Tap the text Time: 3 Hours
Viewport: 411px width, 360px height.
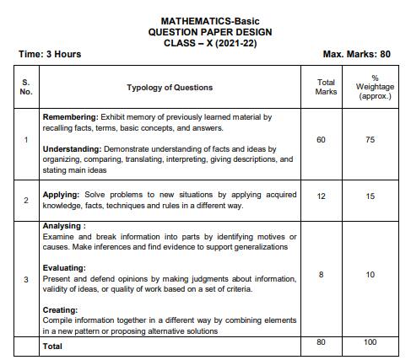point(50,54)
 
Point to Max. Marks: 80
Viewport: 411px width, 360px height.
point(356,54)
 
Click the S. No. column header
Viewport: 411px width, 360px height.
point(26,87)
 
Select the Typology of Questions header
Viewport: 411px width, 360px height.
point(170,88)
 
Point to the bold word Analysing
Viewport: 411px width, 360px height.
point(64,227)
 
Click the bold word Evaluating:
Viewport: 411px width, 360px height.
point(65,268)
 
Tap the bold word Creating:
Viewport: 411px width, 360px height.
point(62,310)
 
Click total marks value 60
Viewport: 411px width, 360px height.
point(321,139)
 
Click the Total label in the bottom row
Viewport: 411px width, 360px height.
point(52,346)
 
